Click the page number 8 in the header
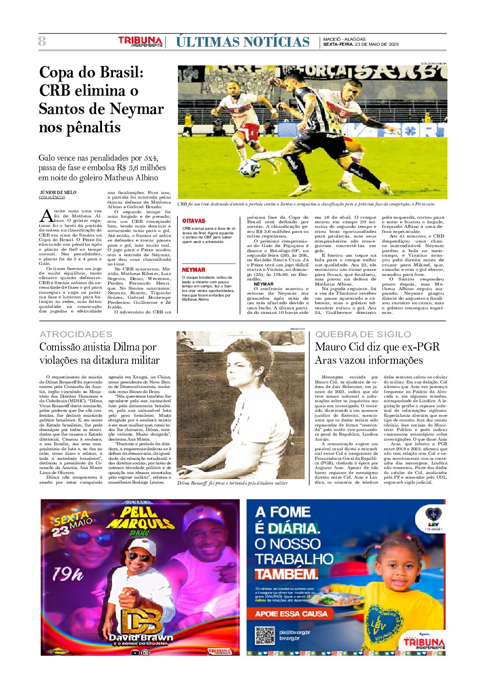coord(42,42)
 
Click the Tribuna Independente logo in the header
coord(140,42)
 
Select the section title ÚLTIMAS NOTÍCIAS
coord(242,42)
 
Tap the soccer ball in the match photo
coord(250,167)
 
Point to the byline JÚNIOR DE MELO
coord(58,192)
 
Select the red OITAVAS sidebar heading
coord(194,221)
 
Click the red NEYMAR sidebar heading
coord(194,270)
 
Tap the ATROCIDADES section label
coord(76,334)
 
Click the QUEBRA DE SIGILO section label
coord(363,334)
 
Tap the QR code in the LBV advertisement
coord(264,636)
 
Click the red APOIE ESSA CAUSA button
coord(291,614)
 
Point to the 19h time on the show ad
coord(68,574)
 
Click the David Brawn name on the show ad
coord(141,637)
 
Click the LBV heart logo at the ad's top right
coord(433,515)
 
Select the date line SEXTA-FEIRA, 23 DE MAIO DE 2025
coord(360,44)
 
